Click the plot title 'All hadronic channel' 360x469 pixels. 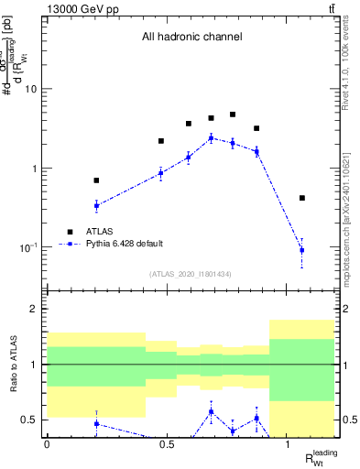(191, 38)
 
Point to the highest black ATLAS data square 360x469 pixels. (233, 115)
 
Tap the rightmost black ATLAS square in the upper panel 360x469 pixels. (301, 198)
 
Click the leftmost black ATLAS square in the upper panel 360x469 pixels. (96, 180)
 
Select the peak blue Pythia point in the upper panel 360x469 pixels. (211, 137)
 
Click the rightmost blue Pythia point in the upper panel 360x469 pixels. (301, 250)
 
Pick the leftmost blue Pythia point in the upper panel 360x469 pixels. (96, 205)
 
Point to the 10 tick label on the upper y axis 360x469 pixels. (32, 89)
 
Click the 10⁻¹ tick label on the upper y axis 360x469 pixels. (29, 247)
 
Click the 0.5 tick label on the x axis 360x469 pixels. (167, 444)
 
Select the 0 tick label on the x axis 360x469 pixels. (47, 444)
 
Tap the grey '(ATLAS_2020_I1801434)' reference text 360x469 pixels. (191, 274)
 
